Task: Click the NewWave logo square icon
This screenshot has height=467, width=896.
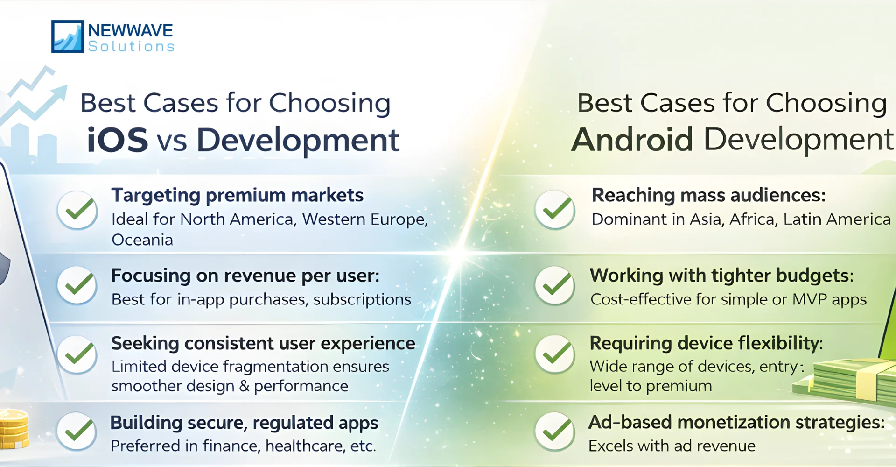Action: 68,36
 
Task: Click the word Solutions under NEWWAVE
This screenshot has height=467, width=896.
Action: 131,47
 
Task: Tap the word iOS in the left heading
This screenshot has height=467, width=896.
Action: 118,140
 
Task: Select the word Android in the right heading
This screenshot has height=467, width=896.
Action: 632,140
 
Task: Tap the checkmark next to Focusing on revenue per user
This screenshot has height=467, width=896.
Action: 77,285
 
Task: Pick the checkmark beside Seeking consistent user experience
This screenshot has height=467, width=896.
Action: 77,354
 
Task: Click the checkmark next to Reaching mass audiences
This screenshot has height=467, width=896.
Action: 555,210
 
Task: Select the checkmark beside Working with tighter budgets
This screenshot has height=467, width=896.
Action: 555,285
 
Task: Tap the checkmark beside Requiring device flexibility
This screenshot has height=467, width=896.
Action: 555,354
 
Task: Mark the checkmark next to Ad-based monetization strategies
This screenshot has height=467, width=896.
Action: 555,431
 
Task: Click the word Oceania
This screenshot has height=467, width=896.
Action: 142,240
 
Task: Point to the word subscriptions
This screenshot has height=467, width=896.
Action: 362,299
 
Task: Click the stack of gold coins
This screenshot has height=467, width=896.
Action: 13,428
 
